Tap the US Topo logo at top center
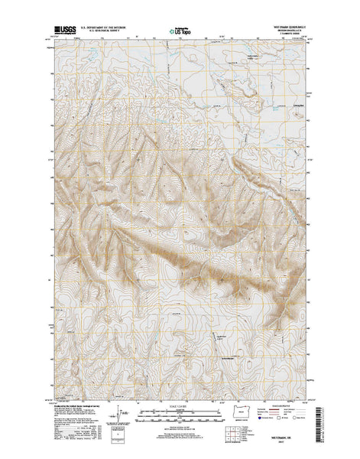pyautogui.click(x=180, y=33)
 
